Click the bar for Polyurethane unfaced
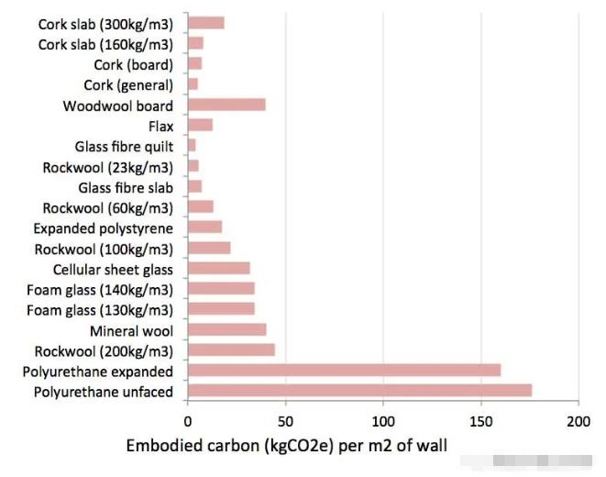tap(359, 391)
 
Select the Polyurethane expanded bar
tap(344, 371)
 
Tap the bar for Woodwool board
tap(226, 105)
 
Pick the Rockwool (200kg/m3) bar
tap(231, 349)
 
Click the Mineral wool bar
tap(226, 329)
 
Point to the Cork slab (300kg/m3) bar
tap(205, 23)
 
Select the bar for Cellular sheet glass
tap(218, 268)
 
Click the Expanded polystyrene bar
tap(204, 227)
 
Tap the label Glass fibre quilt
tap(124, 146)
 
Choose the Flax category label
tap(160, 126)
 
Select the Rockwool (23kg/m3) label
tap(107, 166)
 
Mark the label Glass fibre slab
tap(126, 186)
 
